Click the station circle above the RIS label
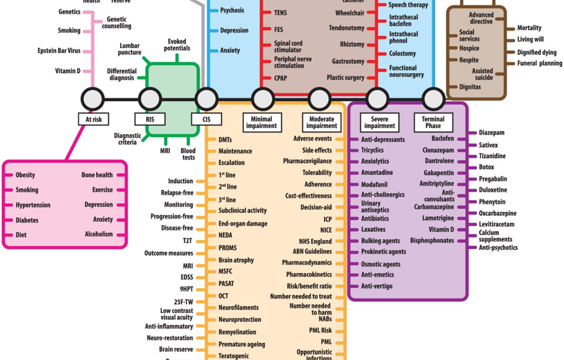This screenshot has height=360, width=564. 149,99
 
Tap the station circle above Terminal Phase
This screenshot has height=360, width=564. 433,99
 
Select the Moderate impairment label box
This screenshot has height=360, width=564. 321,122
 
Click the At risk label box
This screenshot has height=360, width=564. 93,119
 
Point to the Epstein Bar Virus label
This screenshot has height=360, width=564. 59,51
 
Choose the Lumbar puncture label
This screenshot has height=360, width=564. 129,49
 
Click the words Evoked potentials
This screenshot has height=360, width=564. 177,45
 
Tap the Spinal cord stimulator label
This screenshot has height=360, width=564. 288,47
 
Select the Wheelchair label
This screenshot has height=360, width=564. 350,13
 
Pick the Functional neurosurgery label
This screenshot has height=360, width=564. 406,71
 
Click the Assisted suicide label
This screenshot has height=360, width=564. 482,74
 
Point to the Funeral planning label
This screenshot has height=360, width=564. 539,63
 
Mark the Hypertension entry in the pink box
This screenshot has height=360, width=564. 33,205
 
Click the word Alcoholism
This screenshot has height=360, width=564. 99,234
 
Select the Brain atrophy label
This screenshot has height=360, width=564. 236,260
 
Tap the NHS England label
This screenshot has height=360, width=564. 315,241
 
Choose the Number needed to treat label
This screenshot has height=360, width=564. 301,296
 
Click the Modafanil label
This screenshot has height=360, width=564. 374,184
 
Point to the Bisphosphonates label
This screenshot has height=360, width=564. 432,241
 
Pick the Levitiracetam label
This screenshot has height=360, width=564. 496,224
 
